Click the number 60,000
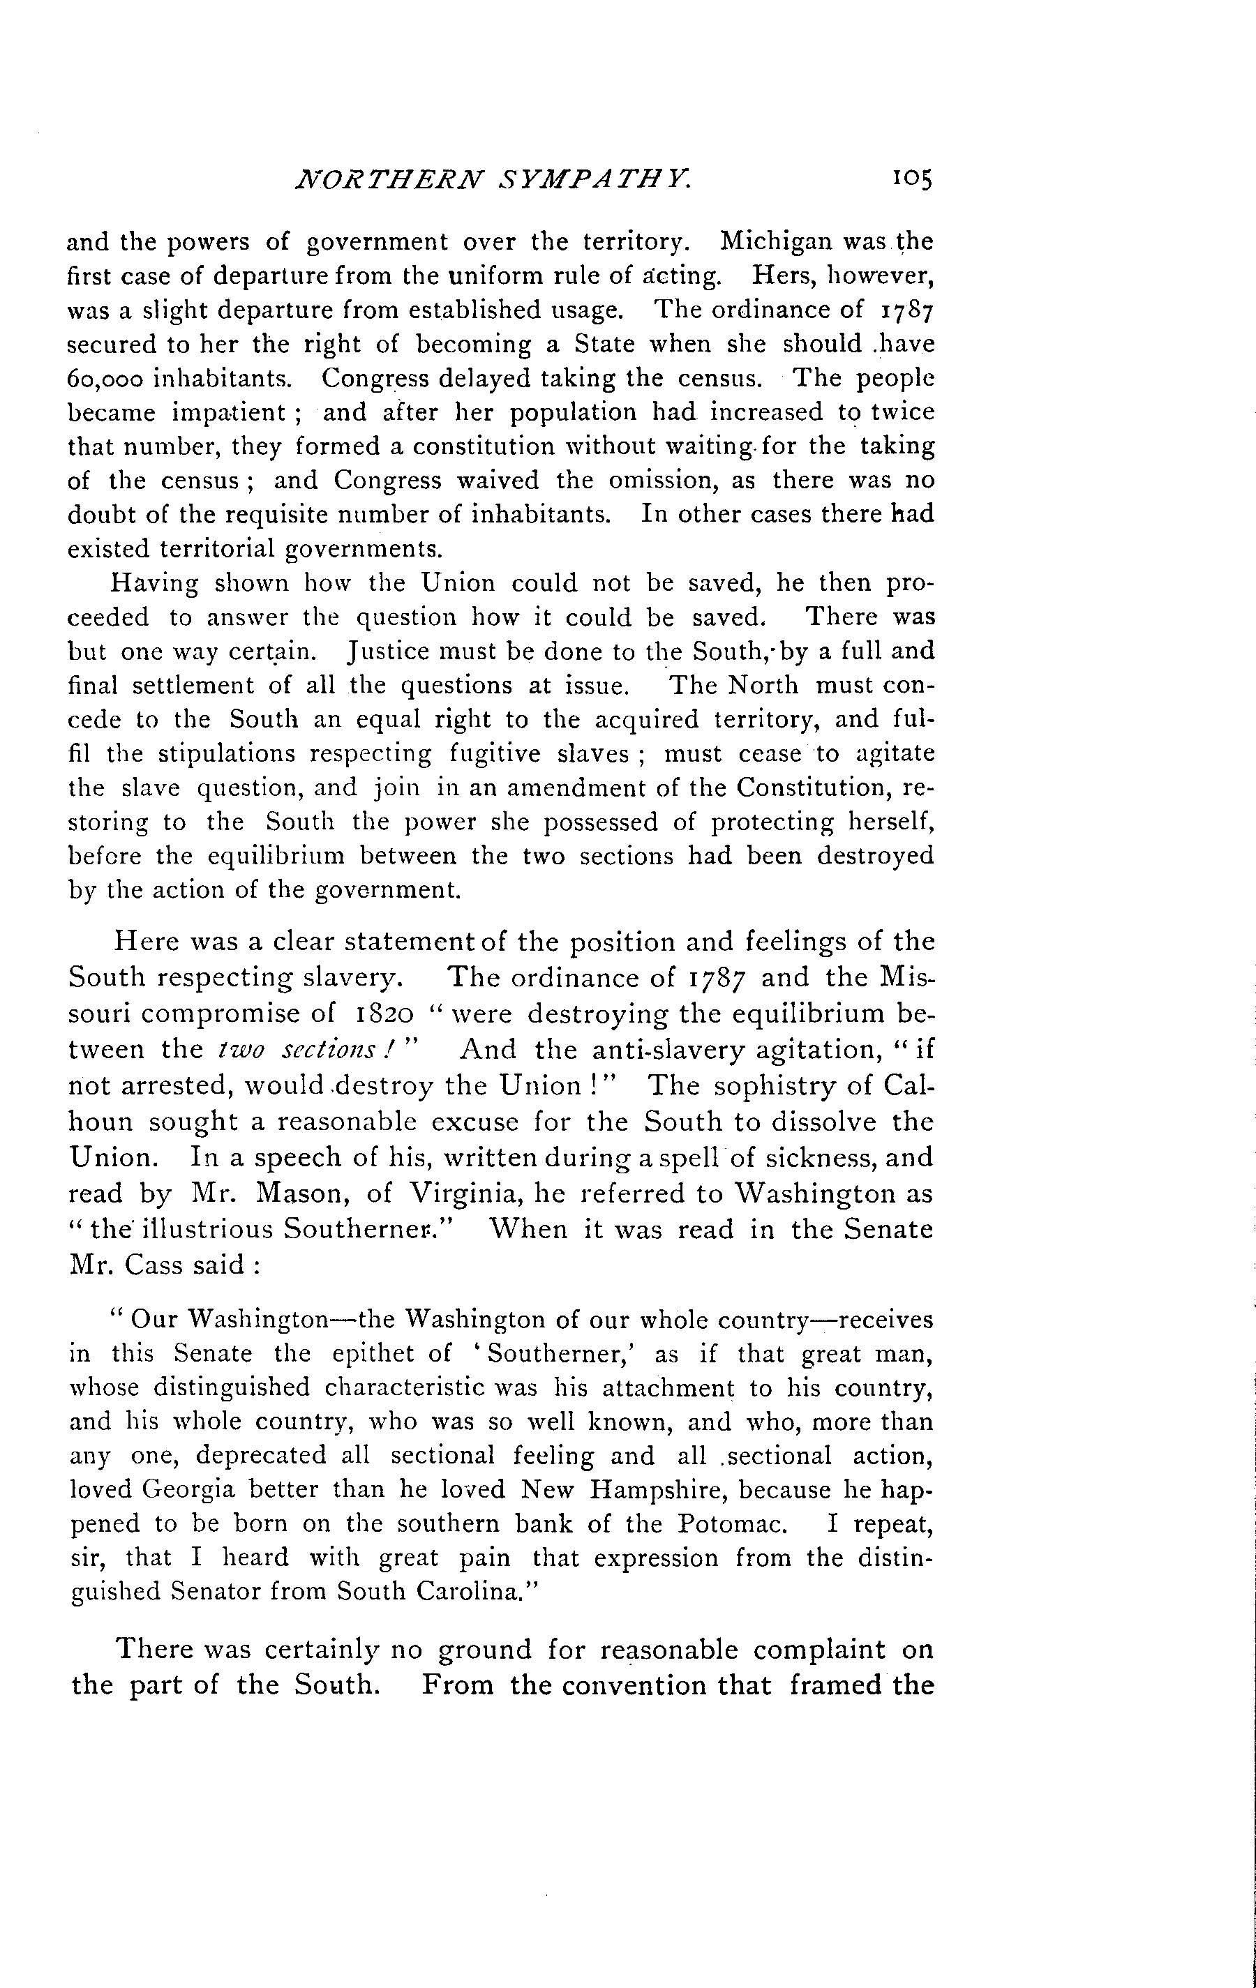pyautogui.click(x=105, y=379)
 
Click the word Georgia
pyautogui.click(x=188, y=1489)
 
